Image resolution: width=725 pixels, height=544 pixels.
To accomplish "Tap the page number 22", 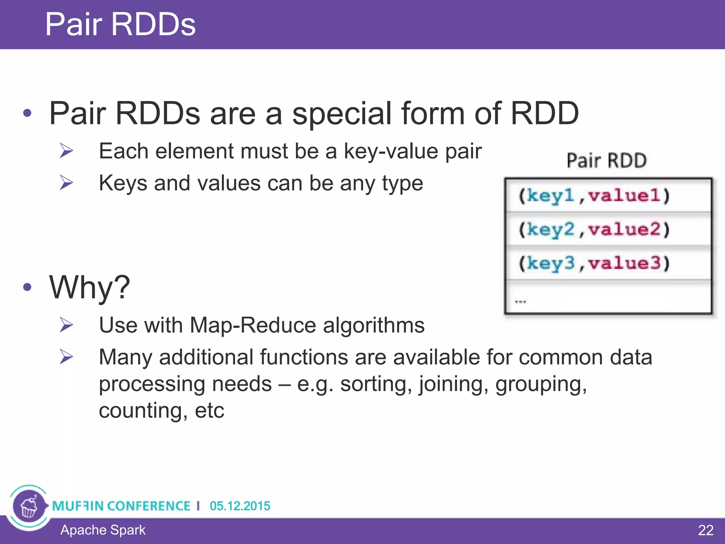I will tap(705, 530).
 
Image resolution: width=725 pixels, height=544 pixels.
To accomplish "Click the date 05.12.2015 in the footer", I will tap(240, 506).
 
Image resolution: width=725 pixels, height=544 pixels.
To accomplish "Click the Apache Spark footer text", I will tap(103, 530).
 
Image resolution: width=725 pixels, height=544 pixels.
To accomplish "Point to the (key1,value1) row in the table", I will tap(594, 195).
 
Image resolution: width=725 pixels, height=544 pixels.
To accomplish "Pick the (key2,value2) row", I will tap(594, 229).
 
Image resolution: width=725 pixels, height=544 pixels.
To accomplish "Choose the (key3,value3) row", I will tap(594, 263).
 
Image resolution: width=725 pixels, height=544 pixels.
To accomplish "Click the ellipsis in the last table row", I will tap(520, 301).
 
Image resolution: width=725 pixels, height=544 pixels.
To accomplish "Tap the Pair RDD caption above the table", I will tap(606, 160).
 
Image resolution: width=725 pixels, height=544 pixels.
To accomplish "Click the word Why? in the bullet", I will tap(90, 287).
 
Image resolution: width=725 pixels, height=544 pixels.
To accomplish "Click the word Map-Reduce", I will tap(253, 325).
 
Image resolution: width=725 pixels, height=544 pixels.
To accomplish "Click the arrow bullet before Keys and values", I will tap(66, 183).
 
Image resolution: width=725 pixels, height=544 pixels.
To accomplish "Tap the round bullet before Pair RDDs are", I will tap(27, 113).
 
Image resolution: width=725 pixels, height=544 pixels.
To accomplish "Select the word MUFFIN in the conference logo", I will tap(77, 506).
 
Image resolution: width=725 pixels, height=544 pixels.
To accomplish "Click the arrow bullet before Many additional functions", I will tap(66, 356).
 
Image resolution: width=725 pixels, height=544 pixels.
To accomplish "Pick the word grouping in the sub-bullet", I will tap(541, 384).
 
